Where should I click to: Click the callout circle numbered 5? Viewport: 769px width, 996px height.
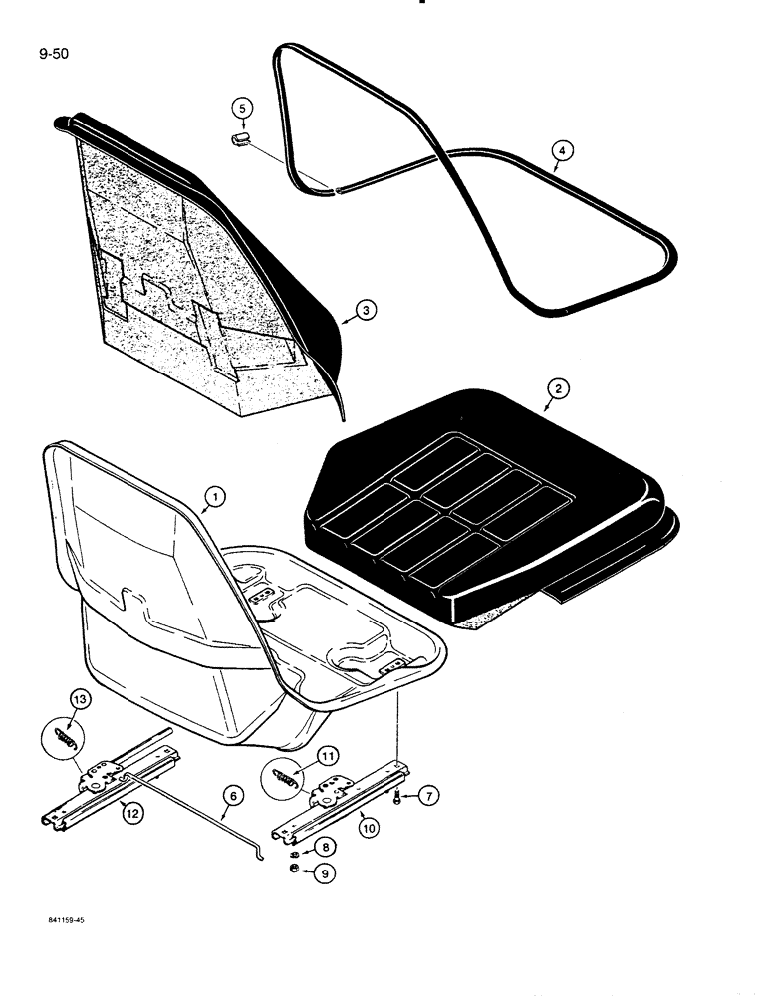coord(241,107)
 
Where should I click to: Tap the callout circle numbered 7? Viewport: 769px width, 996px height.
coord(427,795)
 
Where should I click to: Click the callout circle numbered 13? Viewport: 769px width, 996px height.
coord(80,701)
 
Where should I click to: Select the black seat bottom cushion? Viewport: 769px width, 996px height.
coord(478,508)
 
